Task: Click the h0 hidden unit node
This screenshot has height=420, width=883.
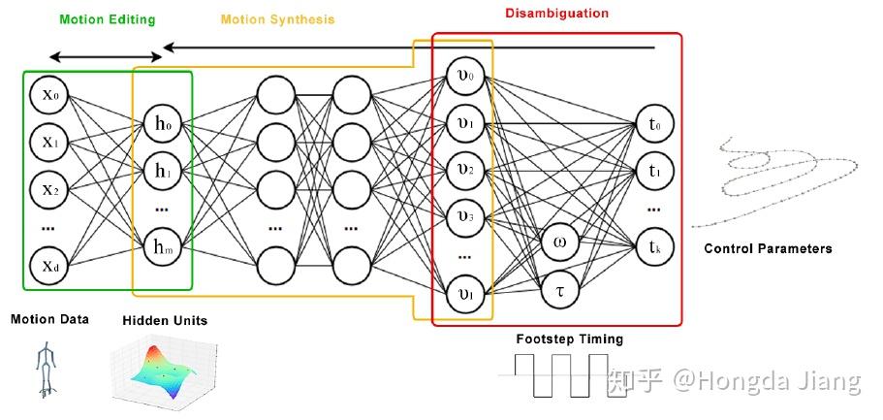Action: [162, 124]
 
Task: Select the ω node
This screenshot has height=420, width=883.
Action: [559, 243]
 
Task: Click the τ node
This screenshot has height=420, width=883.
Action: [559, 289]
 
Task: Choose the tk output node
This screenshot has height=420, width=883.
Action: [654, 244]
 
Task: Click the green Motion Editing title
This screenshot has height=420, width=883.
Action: [107, 18]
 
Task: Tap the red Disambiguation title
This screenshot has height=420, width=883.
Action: [557, 14]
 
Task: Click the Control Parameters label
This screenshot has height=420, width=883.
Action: [768, 248]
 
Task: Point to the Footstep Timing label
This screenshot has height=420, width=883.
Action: [569, 339]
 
